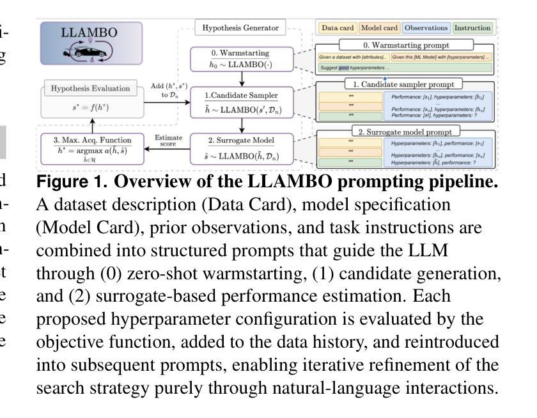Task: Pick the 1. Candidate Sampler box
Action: (x=241, y=102)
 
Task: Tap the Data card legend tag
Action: (x=338, y=28)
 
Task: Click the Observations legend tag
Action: (x=426, y=28)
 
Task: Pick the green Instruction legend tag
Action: (x=472, y=28)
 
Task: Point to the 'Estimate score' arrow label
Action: (x=169, y=141)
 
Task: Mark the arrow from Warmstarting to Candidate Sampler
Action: (x=241, y=78)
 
